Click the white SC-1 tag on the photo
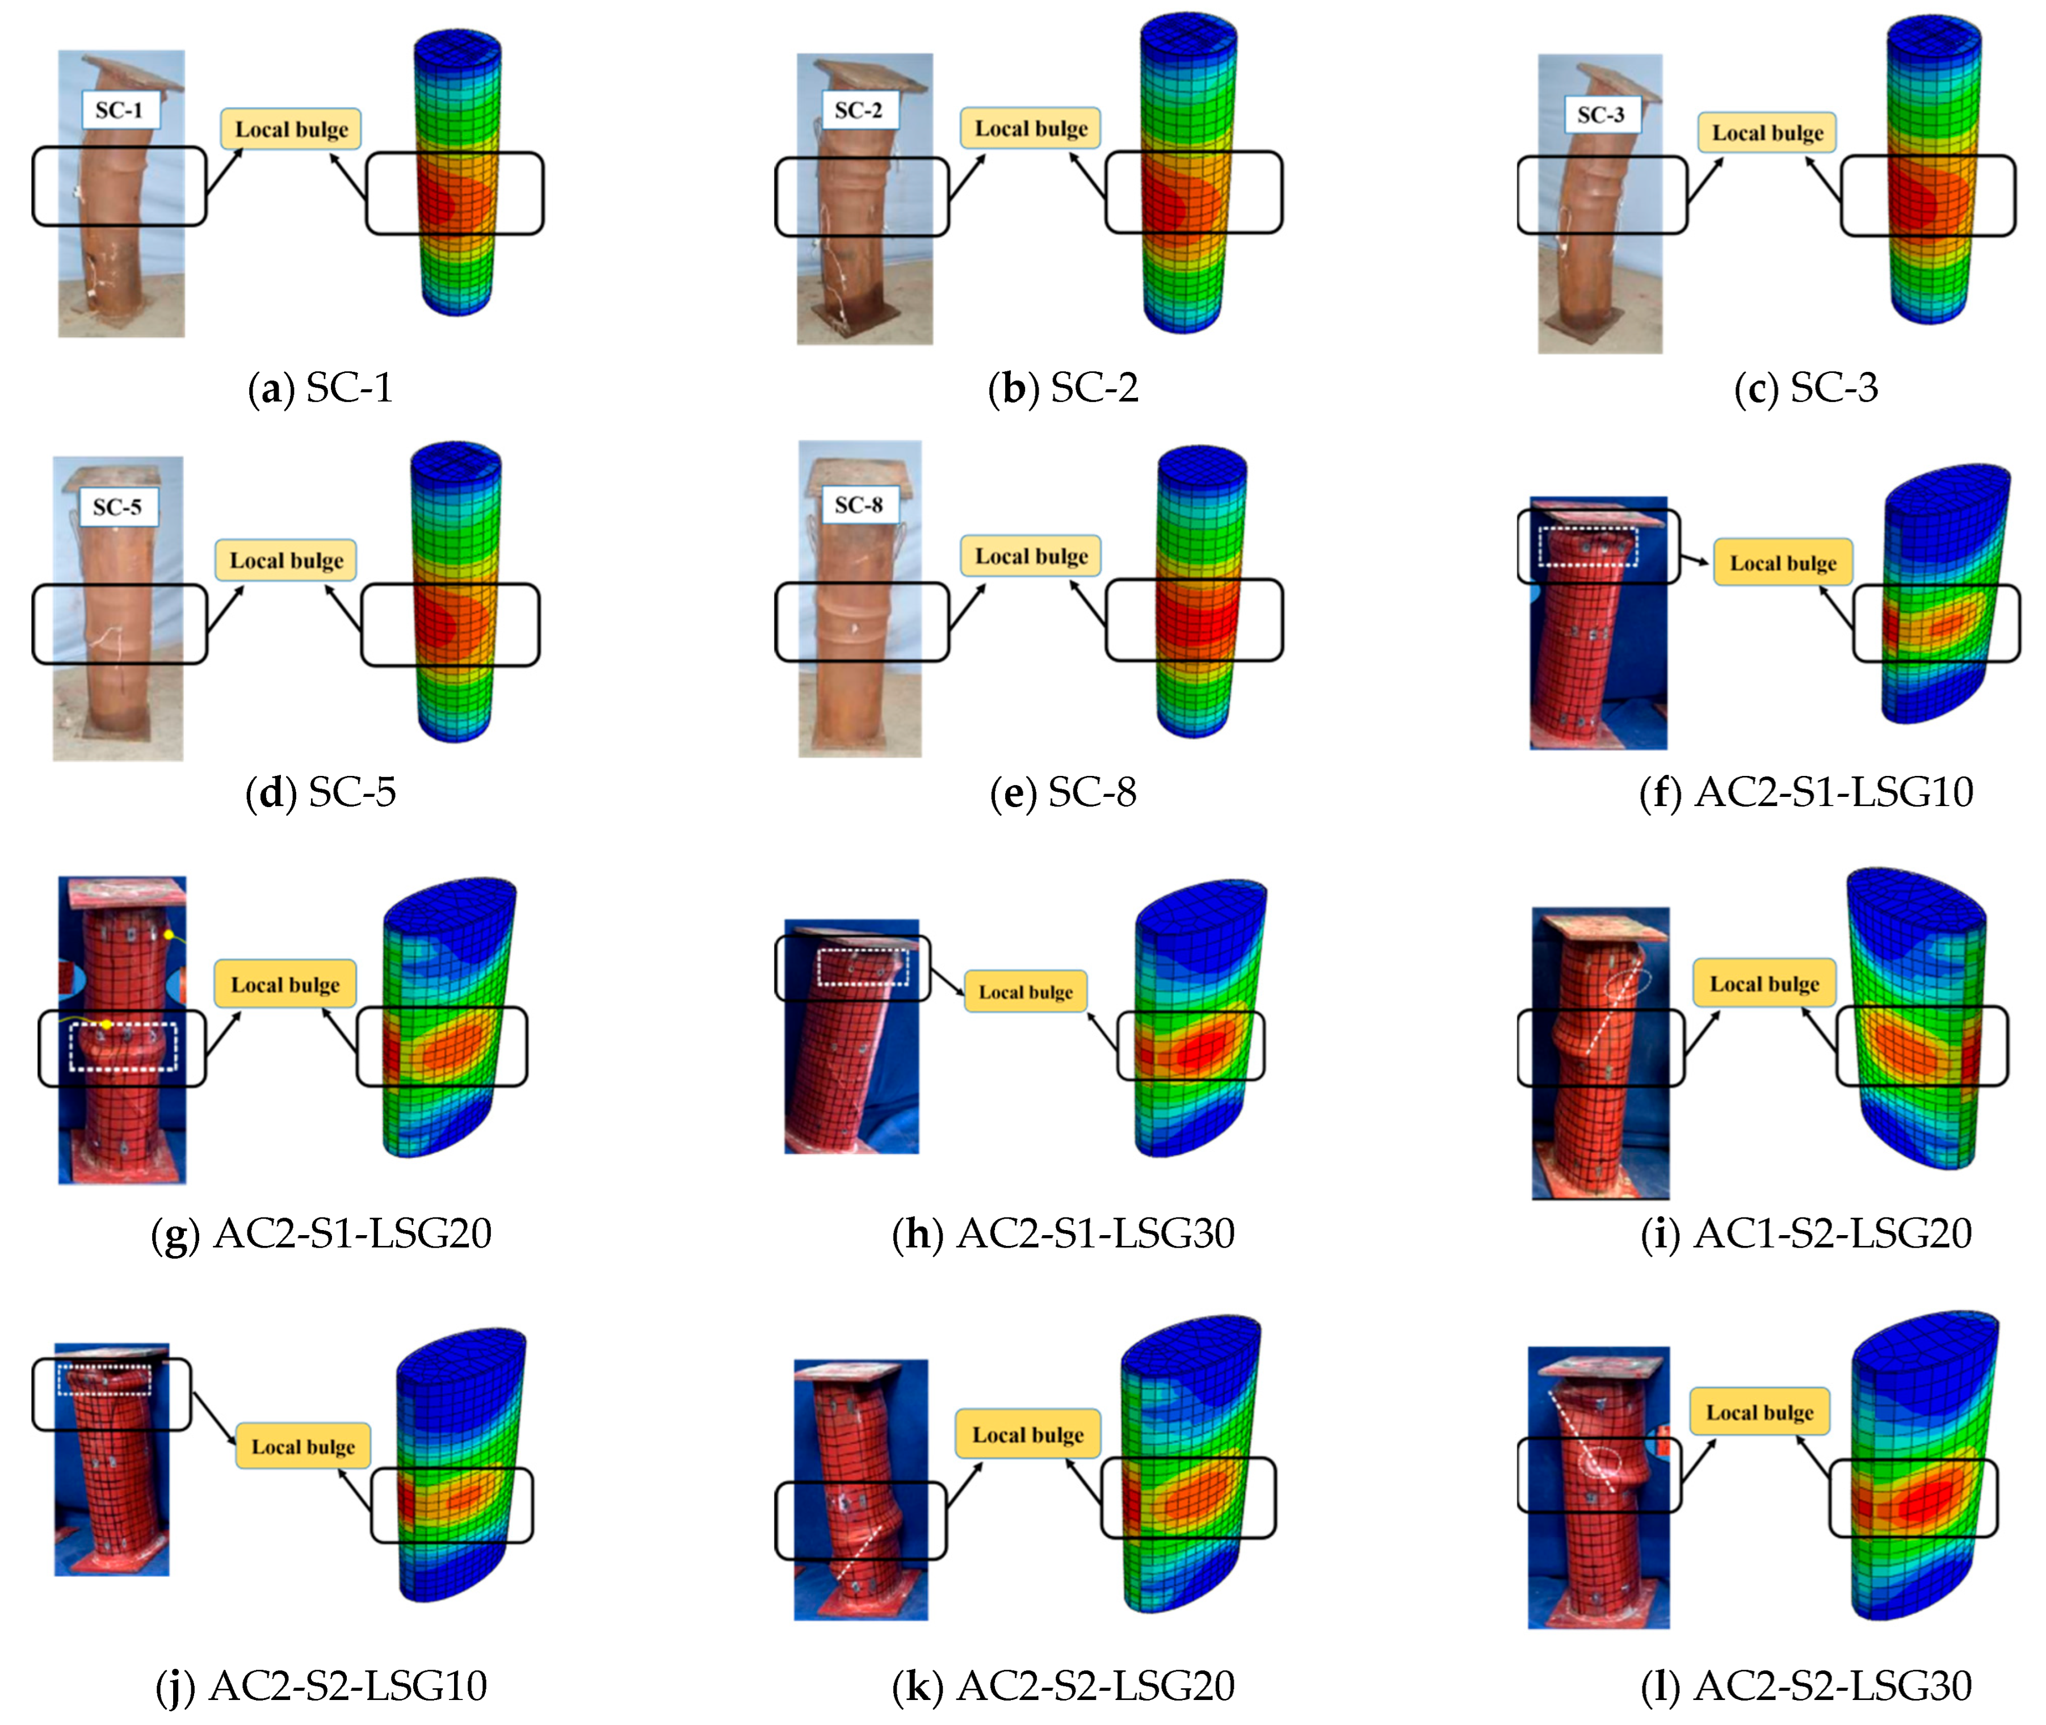click(119, 110)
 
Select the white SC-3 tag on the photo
click(1600, 115)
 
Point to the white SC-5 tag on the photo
click(117, 506)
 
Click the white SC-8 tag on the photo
click(858, 505)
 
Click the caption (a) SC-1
click(321, 388)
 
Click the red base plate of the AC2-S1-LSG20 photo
click(121, 1164)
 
